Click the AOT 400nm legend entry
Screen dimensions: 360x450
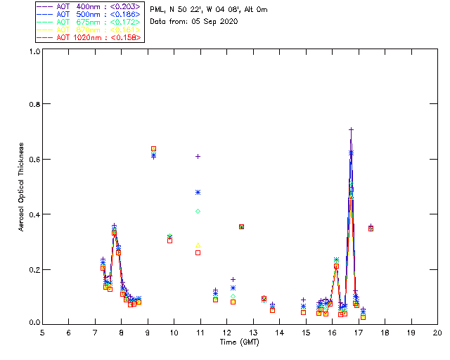pyautogui.click(x=91, y=7)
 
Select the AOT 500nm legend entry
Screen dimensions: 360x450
pyautogui.click(x=91, y=14)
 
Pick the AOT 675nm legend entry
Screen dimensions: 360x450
pyautogui.click(x=91, y=22)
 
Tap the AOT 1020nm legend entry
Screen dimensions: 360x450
pyautogui.click(x=91, y=37)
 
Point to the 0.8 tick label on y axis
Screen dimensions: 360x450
pyautogui.click(x=34, y=104)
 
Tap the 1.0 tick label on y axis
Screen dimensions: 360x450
pyautogui.click(x=34, y=51)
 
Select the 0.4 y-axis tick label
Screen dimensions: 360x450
pyautogui.click(x=34, y=214)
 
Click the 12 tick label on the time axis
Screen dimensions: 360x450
pyautogui.click(x=226, y=333)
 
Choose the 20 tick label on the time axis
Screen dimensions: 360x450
pyautogui.click(x=437, y=333)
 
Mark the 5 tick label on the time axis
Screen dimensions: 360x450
pyautogui.click(x=42, y=333)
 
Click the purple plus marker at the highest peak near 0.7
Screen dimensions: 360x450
pyautogui.click(x=351, y=129)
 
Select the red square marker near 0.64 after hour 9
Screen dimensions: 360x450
pyautogui.click(x=153, y=148)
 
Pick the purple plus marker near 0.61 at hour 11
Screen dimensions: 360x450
pyautogui.click(x=198, y=156)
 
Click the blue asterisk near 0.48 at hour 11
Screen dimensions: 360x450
pyautogui.click(x=198, y=192)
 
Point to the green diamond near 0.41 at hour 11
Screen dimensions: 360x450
pyautogui.click(x=198, y=211)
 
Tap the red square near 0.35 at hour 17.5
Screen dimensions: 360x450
pyautogui.click(x=371, y=229)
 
